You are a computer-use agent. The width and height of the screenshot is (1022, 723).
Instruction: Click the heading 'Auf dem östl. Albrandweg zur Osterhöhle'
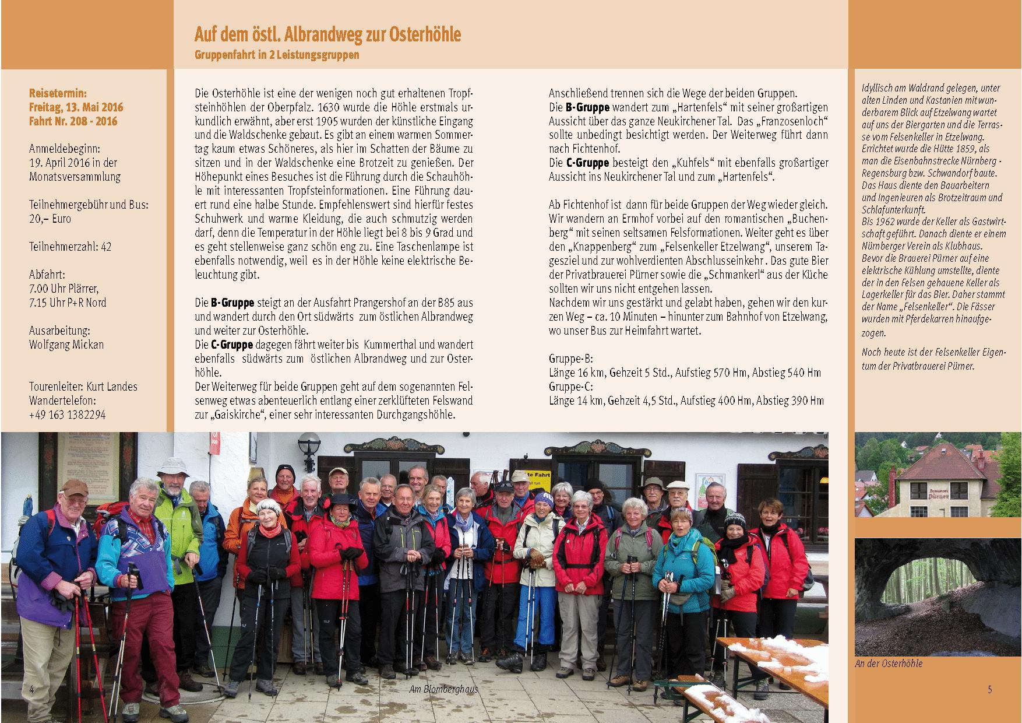point(327,35)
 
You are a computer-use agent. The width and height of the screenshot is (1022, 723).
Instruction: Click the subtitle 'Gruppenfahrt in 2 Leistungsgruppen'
point(276,56)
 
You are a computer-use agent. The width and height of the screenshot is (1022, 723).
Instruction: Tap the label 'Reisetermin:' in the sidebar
point(58,93)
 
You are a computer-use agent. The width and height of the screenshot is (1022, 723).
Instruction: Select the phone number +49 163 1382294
point(67,415)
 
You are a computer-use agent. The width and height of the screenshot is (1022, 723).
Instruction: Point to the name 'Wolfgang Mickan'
point(66,344)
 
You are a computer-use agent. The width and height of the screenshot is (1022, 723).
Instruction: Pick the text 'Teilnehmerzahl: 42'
point(70,247)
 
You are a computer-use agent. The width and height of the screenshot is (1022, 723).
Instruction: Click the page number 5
point(989,690)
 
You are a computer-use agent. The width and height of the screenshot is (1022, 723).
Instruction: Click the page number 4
point(32,689)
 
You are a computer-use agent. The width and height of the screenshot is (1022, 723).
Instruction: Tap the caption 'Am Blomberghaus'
point(443,689)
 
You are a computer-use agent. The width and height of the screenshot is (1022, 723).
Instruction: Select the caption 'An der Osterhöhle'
point(889,663)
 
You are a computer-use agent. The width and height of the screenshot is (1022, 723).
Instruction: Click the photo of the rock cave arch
point(937,598)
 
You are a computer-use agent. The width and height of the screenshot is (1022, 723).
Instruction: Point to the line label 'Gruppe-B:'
point(570,359)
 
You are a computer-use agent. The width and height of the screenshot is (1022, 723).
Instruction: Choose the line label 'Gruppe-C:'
point(570,386)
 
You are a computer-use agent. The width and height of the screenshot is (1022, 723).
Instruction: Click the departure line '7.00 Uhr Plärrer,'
point(64,289)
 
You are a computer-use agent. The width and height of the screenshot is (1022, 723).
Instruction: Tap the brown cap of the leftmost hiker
point(74,487)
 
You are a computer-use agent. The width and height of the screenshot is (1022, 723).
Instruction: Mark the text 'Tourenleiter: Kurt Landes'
point(83,387)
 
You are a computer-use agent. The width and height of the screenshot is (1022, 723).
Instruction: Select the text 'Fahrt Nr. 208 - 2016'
point(73,121)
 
